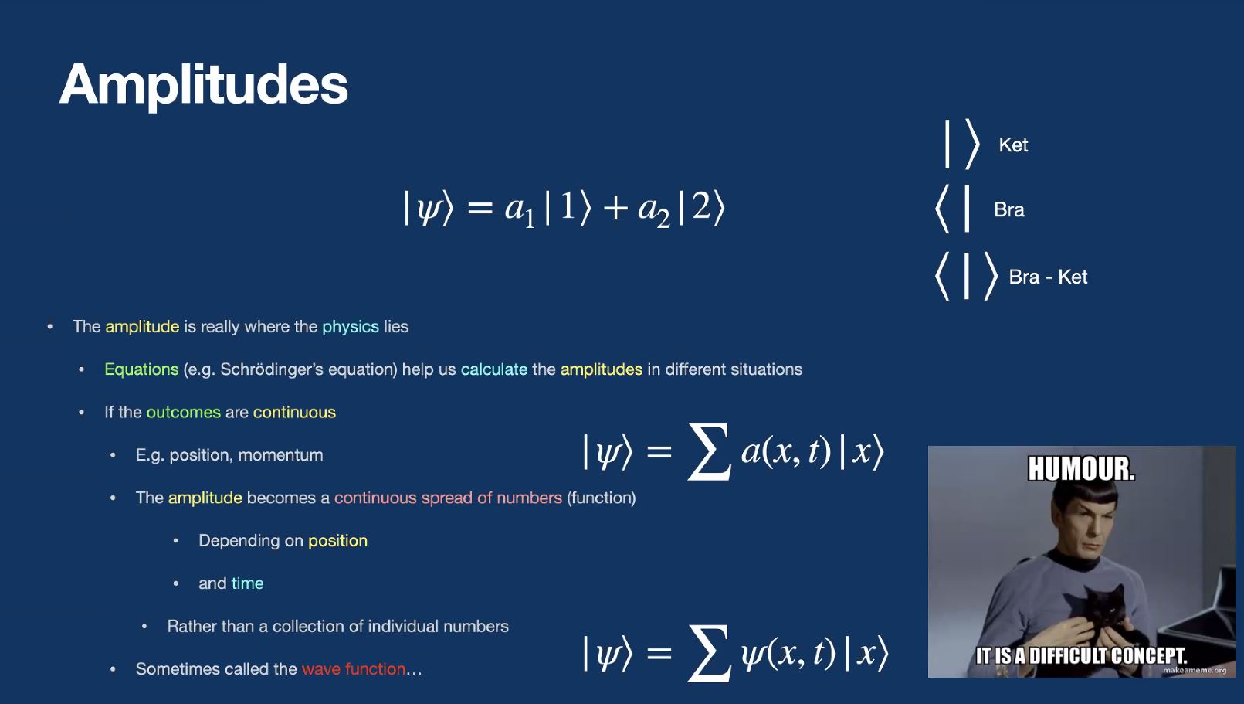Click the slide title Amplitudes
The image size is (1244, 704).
click(x=203, y=85)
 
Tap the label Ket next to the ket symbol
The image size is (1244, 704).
click(x=1013, y=145)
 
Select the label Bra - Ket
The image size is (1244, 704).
click(x=1047, y=277)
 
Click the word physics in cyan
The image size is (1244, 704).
click(x=351, y=327)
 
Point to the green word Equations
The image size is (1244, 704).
click(x=141, y=369)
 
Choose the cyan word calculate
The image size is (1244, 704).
click(x=493, y=369)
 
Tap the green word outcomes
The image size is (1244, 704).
click(x=183, y=413)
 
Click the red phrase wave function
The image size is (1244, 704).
click(x=353, y=669)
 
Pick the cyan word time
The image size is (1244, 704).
click(x=247, y=583)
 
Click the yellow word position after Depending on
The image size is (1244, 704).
click(x=337, y=541)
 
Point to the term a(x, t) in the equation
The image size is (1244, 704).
click(x=786, y=451)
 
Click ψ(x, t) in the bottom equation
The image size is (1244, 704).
click(x=788, y=654)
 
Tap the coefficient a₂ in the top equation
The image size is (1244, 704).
click(x=654, y=211)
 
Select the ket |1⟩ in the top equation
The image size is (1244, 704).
click(x=568, y=208)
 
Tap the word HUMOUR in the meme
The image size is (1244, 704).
click(x=1081, y=469)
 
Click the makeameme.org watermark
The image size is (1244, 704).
click(x=1195, y=670)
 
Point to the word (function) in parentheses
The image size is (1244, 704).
click(x=602, y=498)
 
